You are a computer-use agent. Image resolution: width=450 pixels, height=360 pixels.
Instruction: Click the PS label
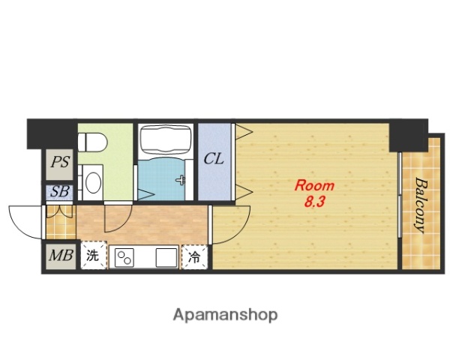click(60, 162)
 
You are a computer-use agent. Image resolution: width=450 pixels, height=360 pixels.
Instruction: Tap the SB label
click(60, 192)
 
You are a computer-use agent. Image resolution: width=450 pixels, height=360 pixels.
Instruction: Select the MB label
click(61, 255)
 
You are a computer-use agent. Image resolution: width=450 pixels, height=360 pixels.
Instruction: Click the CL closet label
click(214, 158)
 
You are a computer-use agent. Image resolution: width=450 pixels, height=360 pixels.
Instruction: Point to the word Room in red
click(314, 186)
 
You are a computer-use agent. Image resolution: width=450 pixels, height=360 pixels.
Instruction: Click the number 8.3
click(314, 202)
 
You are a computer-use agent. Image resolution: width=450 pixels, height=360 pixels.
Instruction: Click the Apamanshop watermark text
click(225, 315)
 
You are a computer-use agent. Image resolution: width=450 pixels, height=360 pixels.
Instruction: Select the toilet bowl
click(92, 142)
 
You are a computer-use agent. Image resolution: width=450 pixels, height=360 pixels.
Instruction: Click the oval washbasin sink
click(93, 182)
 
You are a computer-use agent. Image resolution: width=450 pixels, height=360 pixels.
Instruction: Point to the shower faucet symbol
click(181, 180)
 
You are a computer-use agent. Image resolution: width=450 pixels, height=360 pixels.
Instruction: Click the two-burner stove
click(124, 257)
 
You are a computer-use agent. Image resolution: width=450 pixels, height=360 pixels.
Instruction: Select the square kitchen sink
click(166, 257)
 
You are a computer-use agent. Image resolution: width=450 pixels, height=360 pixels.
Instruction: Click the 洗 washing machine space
click(93, 255)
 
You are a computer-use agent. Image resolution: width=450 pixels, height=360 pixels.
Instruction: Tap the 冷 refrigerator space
click(194, 257)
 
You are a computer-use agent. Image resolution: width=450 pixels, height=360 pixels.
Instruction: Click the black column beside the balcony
click(409, 135)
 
